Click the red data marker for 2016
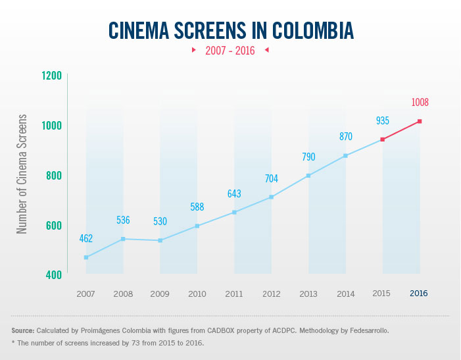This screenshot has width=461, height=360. (419, 121)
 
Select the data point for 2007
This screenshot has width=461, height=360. (86, 257)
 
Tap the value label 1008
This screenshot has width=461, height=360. (420, 103)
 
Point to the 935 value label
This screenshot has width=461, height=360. (383, 120)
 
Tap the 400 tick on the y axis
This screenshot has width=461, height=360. (53, 274)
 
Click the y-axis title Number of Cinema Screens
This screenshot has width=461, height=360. (22, 174)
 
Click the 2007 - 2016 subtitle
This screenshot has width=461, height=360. (230, 50)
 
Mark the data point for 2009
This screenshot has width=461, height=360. (160, 240)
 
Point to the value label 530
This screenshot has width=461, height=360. (160, 221)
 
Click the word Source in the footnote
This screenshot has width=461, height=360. (23, 330)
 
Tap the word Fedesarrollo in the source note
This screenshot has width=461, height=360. (365, 330)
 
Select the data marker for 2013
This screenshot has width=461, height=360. (308, 176)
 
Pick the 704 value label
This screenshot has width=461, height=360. (272, 178)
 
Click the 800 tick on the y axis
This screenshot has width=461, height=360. (53, 176)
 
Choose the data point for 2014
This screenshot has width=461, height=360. (345, 156)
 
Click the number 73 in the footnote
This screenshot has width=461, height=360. (130, 344)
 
